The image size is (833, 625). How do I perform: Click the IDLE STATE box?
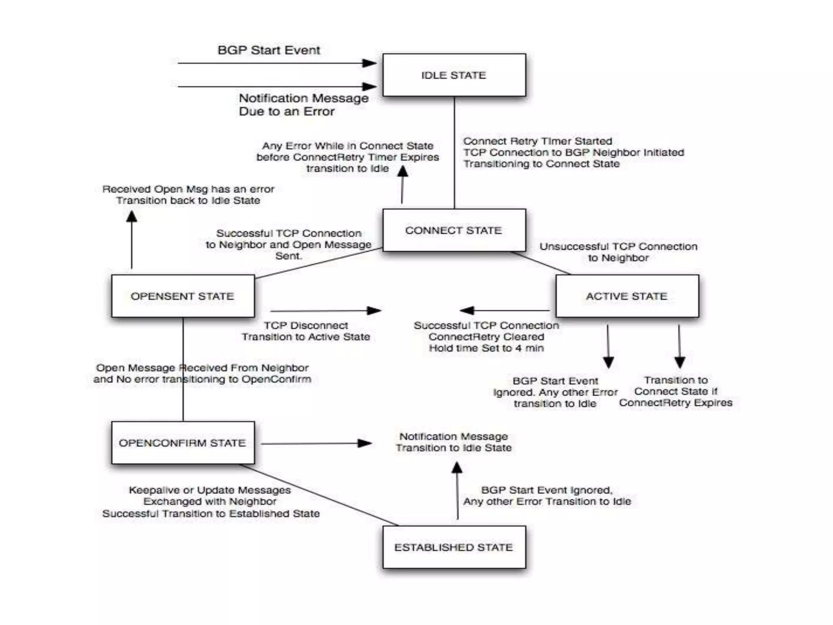pos(454,75)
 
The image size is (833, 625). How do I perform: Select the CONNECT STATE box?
pos(454,230)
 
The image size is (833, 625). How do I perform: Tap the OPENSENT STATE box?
pos(183,296)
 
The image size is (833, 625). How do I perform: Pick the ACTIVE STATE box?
pos(627,296)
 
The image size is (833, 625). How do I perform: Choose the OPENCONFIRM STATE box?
pos(183,443)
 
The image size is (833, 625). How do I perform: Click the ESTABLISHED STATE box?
pos(454,547)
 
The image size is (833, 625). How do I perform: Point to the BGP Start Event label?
pos(269,50)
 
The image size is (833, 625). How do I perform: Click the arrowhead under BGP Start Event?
pos(369,63)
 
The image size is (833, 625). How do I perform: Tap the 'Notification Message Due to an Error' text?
pos(303,105)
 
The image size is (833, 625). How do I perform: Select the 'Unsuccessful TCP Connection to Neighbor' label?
pos(618,252)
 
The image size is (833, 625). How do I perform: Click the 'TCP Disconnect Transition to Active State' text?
pos(306,331)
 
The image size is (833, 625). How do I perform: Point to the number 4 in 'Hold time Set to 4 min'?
pos(519,348)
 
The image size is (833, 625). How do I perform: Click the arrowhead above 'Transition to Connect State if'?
pos(680,362)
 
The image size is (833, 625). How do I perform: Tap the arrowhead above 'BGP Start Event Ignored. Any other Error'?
pos(608,362)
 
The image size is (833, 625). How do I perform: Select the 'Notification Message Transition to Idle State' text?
pos(454,442)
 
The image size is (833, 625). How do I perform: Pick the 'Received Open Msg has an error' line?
pos(188,189)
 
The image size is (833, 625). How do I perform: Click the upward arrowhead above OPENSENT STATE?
pos(131,216)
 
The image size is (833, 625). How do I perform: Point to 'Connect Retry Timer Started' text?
pos(537,141)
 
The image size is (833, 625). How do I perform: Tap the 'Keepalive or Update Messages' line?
pos(210,490)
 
